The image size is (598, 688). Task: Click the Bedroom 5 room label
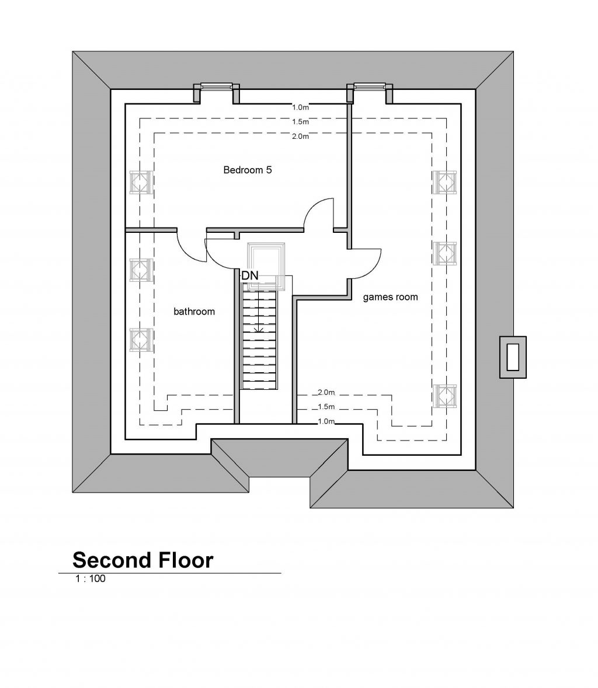pos(248,170)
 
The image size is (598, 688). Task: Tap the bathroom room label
pos(194,312)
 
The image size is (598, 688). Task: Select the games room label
pos(390,297)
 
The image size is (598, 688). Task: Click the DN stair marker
pos(250,275)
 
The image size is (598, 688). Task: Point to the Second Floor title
pos(142,560)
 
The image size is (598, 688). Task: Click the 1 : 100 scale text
pos(89,580)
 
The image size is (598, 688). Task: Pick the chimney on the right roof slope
pos(513,357)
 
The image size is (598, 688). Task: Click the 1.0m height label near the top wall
pos(300,107)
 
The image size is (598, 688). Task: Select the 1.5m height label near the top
pos(300,122)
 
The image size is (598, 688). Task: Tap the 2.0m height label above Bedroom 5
pos(300,137)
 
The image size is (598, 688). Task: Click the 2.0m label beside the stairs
pos(326,392)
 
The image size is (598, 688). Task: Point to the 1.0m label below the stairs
pos(326,421)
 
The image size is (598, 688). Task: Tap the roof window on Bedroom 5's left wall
pos(141,181)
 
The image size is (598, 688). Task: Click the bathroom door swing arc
pos(192,248)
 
